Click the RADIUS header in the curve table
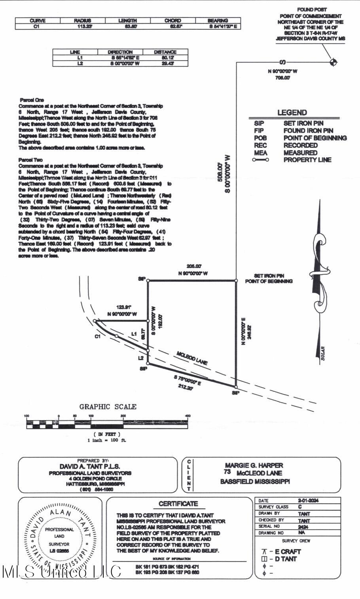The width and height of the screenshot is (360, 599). [x=82, y=21]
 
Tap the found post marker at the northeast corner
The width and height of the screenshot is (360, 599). [x=333, y=62]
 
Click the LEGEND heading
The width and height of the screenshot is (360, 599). [x=292, y=113]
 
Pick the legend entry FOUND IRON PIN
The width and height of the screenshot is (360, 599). [x=308, y=130]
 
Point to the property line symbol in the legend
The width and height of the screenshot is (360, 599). [x=260, y=160]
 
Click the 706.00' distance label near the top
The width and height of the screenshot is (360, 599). [x=282, y=78]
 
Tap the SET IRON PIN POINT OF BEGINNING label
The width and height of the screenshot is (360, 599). [x=269, y=278]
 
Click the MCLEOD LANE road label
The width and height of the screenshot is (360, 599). [x=191, y=358]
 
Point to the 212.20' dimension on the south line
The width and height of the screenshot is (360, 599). [x=185, y=387]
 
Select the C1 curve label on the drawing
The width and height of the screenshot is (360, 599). [x=97, y=336]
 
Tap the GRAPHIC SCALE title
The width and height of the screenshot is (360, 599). [x=108, y=406]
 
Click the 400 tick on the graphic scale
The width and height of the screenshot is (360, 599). [x=188, y=416]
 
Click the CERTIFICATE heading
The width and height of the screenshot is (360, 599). [x=178, y=504]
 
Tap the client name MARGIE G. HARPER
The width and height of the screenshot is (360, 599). [x=254, y=465]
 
